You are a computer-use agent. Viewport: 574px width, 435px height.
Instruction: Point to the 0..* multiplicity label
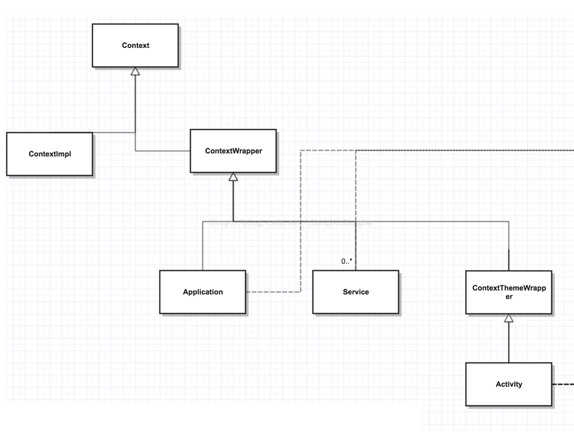[347, 261]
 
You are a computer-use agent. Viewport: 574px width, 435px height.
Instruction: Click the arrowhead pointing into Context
[135, 71]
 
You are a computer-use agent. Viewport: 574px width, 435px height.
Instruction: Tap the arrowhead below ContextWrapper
[233, 177]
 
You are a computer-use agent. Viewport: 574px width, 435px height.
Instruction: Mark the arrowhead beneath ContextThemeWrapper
[509, 318]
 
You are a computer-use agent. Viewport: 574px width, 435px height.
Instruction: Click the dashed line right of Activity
[563, 384]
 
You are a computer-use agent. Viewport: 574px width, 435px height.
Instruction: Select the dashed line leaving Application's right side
[273, 292]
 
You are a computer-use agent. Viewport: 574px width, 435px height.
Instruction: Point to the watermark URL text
[291, 223]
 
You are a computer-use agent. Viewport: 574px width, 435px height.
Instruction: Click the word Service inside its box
[355, 292]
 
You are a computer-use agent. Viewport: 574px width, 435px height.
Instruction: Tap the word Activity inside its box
[509, 384]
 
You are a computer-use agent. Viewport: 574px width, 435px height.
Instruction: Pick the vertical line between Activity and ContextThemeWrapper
[509, 343]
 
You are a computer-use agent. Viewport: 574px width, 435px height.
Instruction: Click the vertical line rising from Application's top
[203, 246]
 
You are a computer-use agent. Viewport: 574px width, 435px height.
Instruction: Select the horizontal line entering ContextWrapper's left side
[163, 151]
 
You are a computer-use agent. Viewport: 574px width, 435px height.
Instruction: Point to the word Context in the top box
[135, 46]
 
